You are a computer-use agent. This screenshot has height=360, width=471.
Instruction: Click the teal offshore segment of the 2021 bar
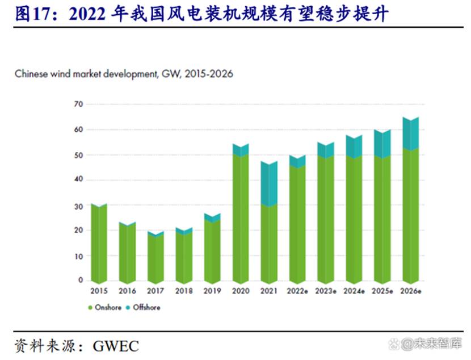[x=269, y=183]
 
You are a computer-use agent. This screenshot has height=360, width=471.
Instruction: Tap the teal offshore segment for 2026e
[x=410, y=133]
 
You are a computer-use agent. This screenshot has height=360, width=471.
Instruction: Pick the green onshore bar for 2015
[x=99, y=244]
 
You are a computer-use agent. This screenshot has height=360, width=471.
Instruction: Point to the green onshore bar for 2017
[x=155, y=258]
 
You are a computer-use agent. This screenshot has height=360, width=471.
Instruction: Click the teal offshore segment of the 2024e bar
[x=354, y=146]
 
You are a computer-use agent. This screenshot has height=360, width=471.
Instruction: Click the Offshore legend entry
[x=144, y=307]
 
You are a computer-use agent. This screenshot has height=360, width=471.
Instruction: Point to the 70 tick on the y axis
[x=78, y=104]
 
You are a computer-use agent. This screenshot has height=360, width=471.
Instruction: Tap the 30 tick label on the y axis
[x=78, y=206]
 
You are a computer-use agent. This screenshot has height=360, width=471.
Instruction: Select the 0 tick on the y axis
[x=81, y=281]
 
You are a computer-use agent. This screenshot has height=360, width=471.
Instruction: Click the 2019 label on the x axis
[x=212, y=290]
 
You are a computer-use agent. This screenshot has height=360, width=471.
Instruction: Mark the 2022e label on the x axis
[x=298, y=290]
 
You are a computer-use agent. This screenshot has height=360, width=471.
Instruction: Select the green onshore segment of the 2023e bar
[x=326, y=219]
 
